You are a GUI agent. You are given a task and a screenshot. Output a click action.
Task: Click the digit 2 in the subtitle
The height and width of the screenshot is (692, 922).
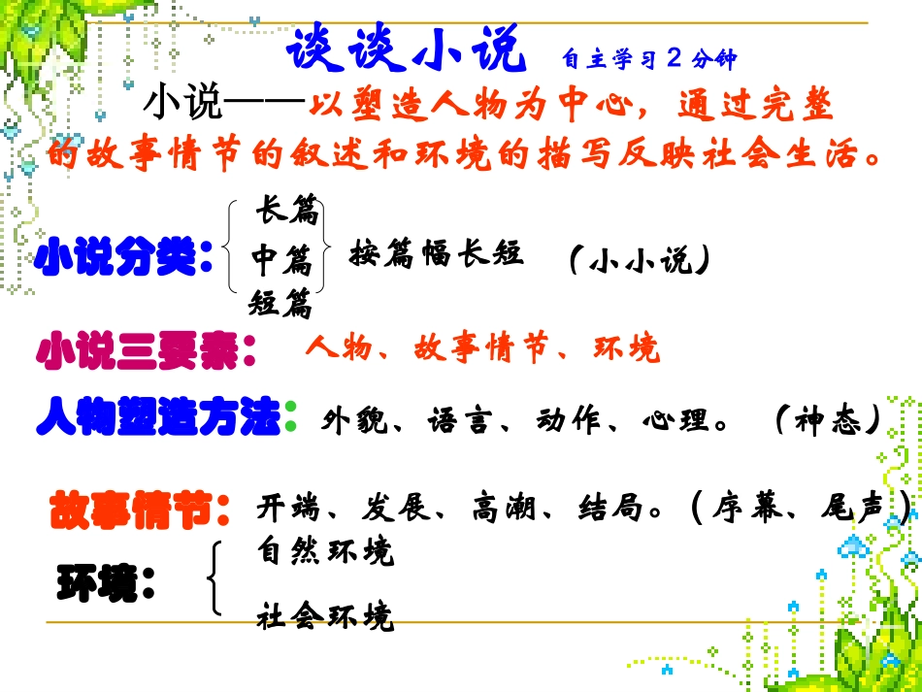tap(675, 58)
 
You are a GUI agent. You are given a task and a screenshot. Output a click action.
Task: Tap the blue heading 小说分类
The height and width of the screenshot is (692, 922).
tap(123, 259)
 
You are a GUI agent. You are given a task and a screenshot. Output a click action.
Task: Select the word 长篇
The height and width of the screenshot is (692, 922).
tap(286, 210)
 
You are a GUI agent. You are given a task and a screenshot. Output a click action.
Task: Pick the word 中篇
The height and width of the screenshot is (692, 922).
tap(281, 259)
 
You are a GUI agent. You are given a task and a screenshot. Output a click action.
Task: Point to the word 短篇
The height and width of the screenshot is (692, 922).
tap(280, 304)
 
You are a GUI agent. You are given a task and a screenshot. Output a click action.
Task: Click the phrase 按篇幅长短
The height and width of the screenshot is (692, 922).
tap(437, 254)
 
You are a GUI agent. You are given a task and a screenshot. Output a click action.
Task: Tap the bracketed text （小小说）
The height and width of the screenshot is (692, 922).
tap(638, 259)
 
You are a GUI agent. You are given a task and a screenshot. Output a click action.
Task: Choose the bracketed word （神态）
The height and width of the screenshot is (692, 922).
tap(828, 419)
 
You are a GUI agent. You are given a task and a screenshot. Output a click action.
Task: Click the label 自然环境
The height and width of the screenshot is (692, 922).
tap(325, 551)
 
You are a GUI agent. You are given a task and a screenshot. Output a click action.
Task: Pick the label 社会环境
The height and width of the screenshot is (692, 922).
tap(325, 615)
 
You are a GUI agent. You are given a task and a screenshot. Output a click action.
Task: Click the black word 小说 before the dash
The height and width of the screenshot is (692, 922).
tap(182, 103)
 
